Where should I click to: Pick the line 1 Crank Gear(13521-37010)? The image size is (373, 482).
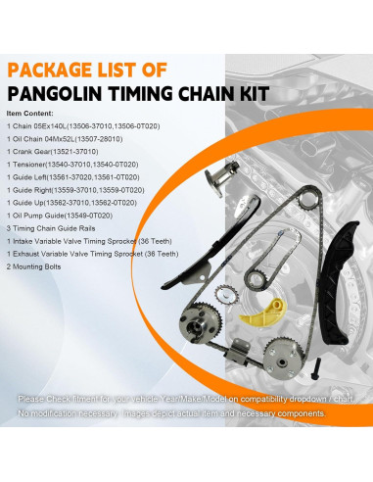pyautogui.click(x=64, y=153)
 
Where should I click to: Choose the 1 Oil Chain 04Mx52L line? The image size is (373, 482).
pyautogui.click(x=75, y=140)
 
